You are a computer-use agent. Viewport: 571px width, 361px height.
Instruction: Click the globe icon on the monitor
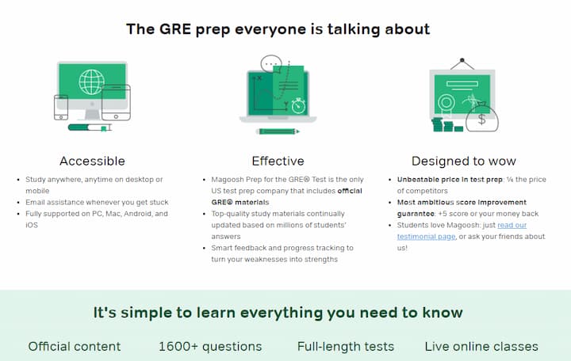pos(92,82)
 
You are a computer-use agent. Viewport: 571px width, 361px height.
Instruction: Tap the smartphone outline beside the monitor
pos(60,107)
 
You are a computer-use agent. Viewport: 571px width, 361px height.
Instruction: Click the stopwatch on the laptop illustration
pos(298,104)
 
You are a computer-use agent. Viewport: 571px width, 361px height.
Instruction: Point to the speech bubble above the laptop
pos(271,63)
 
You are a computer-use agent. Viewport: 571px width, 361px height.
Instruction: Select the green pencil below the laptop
pos(277,131)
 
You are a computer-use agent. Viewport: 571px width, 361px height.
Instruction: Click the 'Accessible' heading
pos(92,161)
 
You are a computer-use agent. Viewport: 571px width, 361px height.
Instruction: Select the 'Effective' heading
pos(278,161)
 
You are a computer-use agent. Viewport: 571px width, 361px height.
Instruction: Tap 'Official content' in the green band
pos(75,346)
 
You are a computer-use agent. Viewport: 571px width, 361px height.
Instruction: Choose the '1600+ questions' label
pos(209,346)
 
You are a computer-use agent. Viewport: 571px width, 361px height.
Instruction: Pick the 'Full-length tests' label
pos(345,346)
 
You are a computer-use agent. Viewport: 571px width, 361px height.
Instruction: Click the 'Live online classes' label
pos(481,346)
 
